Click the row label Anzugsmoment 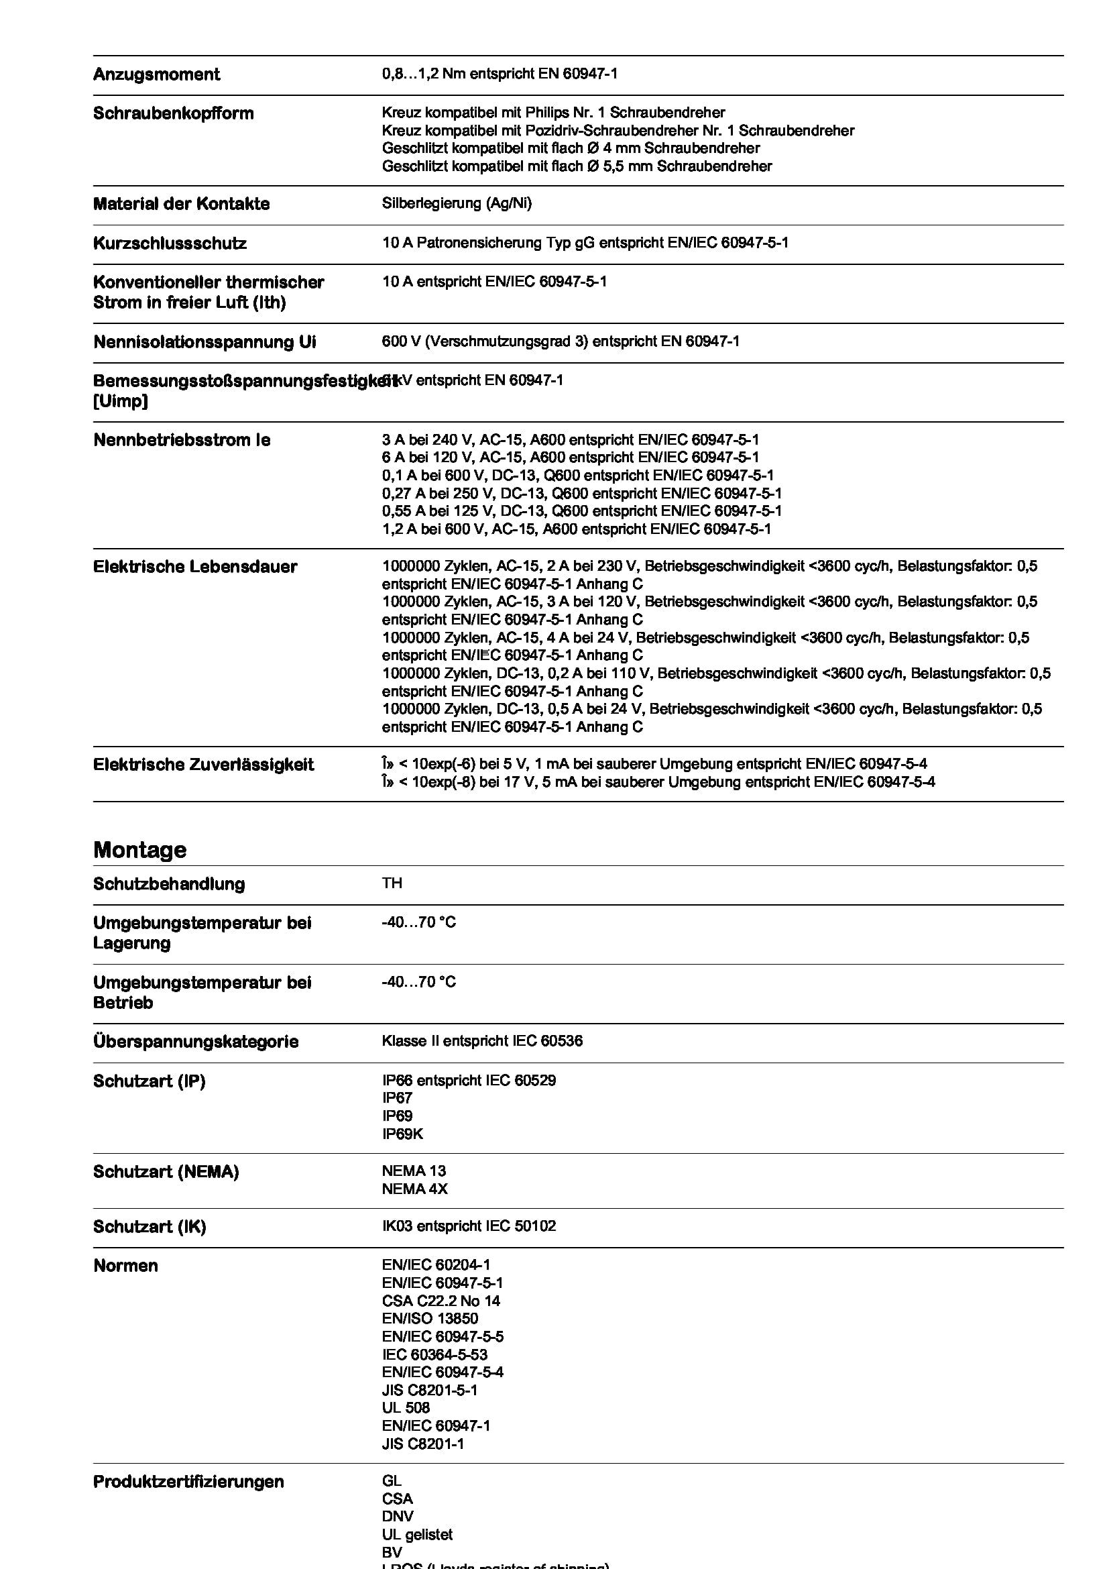tap(156, 74)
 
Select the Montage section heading tap(139, 849)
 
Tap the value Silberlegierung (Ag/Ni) tap(456, 203)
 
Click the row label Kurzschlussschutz tap(170, 244)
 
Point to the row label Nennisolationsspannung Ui tap(205, 341)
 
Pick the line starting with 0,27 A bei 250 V tap(581, 494)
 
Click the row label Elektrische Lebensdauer tap(194, 567)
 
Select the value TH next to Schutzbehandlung tap(392, 883)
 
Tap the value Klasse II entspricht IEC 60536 tap(481, 1041)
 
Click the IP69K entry tap(402, 1134)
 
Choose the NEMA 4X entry tap(414, 1189)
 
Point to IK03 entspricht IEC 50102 tap(469, 1226)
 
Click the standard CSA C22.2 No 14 tap(441, 1301)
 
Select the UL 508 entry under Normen tap(406, 1408)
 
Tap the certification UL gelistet tap(416, 1534)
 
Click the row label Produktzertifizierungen tap(188, 1482)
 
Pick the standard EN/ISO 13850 tap(430, 1318)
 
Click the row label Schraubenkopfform tap(173, 113)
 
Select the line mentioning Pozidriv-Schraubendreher tap(618, 131)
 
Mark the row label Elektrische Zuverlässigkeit tap(202, 765)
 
